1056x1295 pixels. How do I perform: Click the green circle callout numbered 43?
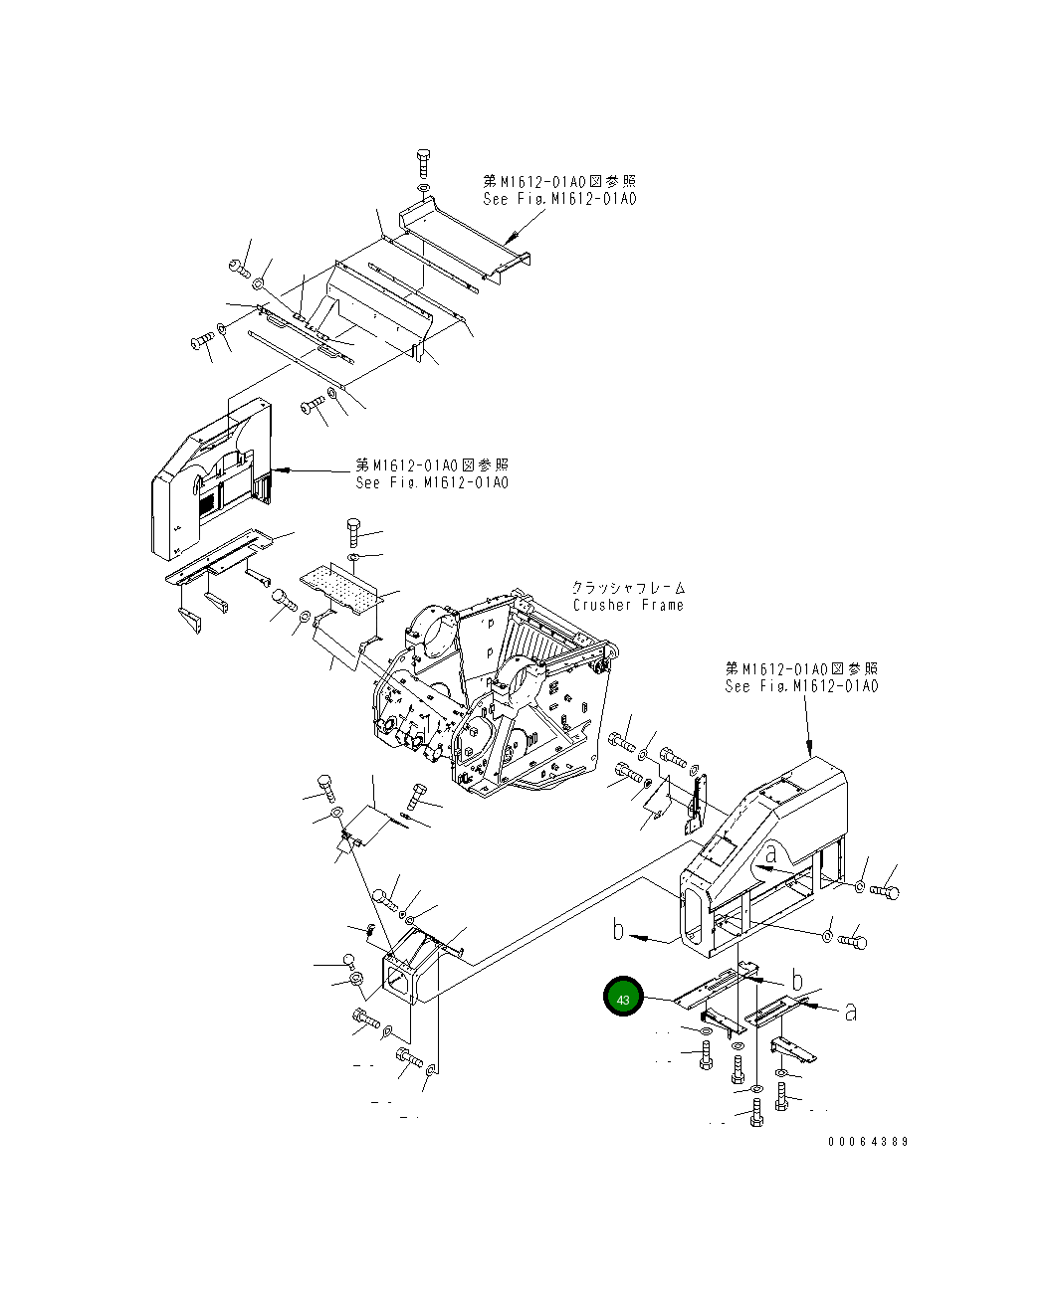pos(623,999)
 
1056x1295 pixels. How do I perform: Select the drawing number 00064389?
pos(867,1142)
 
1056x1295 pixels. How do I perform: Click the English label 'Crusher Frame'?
pos(628,605)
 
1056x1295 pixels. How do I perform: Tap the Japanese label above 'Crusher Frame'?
pos(629,588)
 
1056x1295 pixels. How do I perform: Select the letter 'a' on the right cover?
pos(770,852)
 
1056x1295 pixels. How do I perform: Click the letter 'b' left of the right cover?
pos(619,930)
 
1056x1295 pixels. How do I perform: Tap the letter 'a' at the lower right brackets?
pos(850,1011)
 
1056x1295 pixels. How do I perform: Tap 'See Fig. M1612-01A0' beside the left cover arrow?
pos(432,482)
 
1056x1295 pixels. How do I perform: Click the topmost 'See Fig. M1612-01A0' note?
pos(559,198)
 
